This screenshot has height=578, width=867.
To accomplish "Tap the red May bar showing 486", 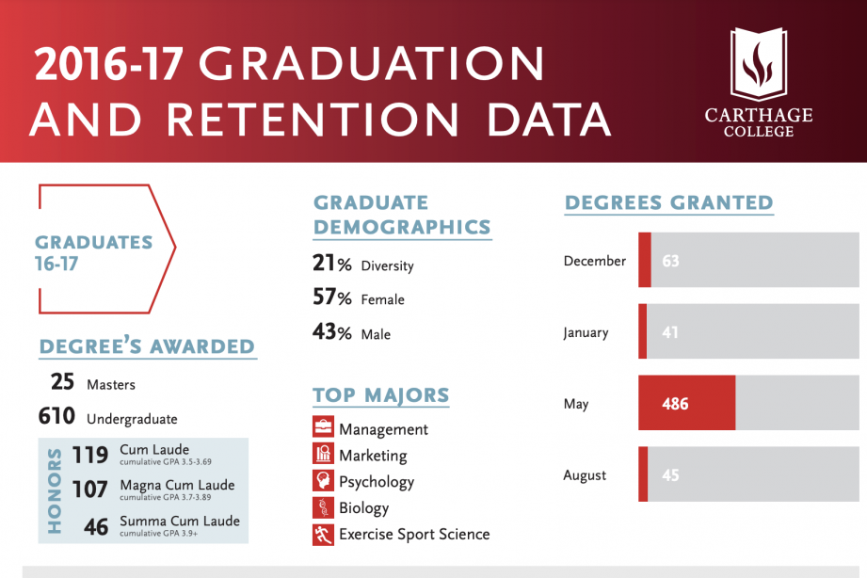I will (686, 404).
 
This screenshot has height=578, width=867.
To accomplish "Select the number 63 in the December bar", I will (670, 261).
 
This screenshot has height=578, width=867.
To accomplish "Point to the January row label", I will (586, 332).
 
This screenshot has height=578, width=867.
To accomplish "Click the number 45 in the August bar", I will (670, 475).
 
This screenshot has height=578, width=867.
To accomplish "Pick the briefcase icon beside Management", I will (323, 428).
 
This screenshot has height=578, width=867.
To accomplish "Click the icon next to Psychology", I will (323, 481).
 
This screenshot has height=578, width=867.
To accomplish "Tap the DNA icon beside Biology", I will (323, 507).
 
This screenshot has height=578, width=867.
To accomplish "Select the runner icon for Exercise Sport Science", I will (323, 534).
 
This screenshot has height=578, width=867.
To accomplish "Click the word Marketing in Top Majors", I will (373, 456).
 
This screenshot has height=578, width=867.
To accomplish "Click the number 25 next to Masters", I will (62, 383).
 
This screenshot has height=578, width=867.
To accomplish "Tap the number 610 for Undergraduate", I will (56, 417).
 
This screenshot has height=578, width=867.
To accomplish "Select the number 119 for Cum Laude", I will (90, 455).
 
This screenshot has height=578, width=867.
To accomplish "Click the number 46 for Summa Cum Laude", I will (96, 526).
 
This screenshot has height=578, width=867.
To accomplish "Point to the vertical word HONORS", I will (54, 490).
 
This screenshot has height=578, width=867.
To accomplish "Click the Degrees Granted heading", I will (668, 202).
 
